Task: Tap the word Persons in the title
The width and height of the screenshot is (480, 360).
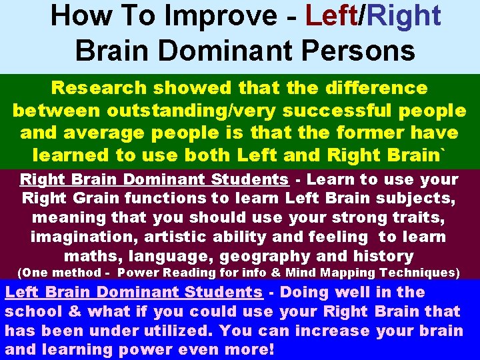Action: click(x=365, y=49)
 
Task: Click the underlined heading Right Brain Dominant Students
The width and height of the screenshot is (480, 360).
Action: click(x=154, y=179)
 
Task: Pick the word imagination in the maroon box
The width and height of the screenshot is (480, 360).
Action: click(x=73, y=237)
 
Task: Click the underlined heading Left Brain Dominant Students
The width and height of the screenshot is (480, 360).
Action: click(x=133, y=292)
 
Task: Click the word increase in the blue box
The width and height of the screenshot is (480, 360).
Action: click(x=331, y=331)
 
